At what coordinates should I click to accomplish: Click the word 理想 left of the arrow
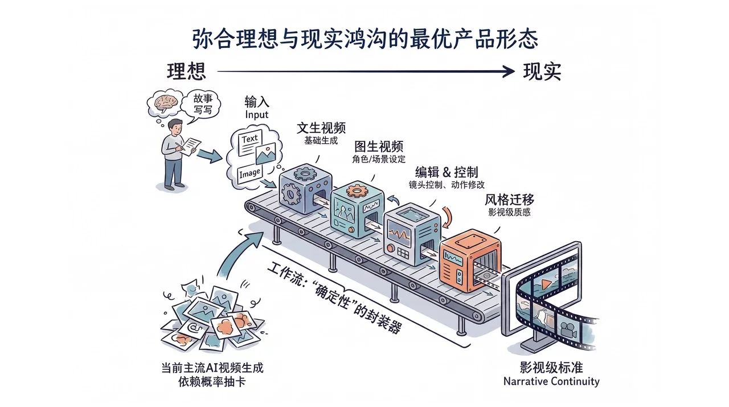[x=186, y=72]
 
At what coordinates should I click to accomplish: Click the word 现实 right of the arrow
[x=542, y=72]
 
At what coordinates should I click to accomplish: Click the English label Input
[x=256, y=115]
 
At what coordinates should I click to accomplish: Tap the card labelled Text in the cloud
[x=250, y=140]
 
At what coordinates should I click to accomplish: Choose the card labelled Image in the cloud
[x=250, y=172]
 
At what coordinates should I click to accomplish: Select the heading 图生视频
[x=379, y=146]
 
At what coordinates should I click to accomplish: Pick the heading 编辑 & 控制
[x=446, y=172]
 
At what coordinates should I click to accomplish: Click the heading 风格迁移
[x=509, y=200]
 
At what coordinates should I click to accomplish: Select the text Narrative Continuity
[x=551, y=381]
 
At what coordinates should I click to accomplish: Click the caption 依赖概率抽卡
[x=212, y=382]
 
